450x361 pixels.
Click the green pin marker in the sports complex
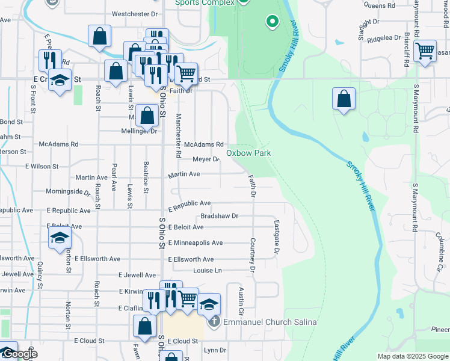point(272,22)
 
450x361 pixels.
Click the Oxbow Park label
point(248,153)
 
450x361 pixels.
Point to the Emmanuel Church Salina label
point(270,322)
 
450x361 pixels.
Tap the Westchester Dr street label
point(135,13)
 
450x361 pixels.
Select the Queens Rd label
point(378,5)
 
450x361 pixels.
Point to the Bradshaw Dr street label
point(220,215)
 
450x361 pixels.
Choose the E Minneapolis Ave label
point(196,243)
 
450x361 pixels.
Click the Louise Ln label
point(208,271)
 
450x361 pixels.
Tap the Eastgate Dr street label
point(277,236)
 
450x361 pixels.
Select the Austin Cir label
point(241,303)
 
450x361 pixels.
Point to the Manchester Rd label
point(178,135)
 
